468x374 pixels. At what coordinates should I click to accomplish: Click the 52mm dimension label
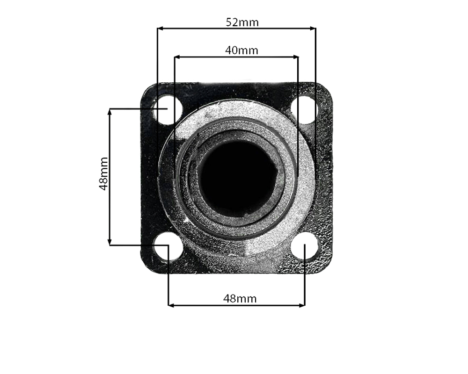pyautogui.click(x=242, y=22)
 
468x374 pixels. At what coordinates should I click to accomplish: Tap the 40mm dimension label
pyautogui.click(x=241, y=50)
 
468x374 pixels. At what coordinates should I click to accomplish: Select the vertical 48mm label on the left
pyautogui.click(x=103, y=174)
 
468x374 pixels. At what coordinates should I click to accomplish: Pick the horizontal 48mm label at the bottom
pyautogui.click(x=240, y=298)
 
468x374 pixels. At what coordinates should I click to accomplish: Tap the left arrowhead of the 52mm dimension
pyautogui.click(x=160, y=29)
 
